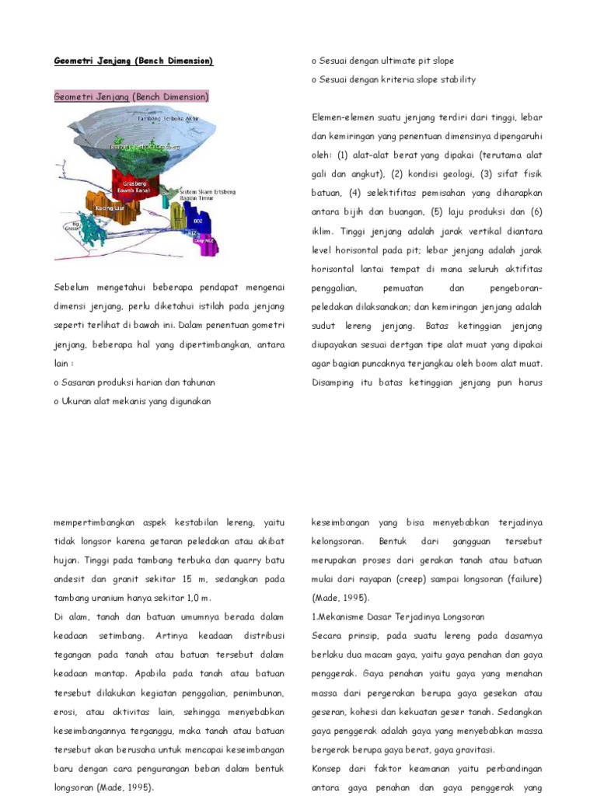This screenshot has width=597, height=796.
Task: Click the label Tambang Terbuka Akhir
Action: tap(168, 120)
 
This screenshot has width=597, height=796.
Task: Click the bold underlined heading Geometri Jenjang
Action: tap(133, 61)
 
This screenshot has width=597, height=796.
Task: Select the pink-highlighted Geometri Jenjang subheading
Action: tap(131, 97)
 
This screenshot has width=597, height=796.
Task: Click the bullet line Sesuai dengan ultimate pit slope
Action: tap(382, 61)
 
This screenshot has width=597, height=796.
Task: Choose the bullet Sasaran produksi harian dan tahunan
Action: tap(134, 382)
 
